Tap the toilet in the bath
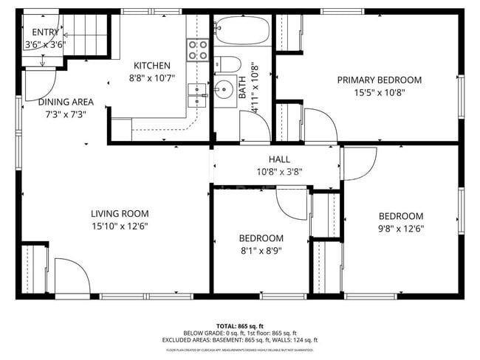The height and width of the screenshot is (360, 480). (229, 64)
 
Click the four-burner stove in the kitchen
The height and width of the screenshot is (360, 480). (197, 49)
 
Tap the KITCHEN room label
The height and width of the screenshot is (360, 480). (152, 66)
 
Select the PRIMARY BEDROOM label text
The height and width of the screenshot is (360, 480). (379, 80)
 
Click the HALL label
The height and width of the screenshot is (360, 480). (279, 159)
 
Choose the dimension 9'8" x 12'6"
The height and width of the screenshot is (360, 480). (401, 228)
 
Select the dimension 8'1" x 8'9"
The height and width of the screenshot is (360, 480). (261, 250)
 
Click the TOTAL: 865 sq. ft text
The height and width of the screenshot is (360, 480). (240, 325)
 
